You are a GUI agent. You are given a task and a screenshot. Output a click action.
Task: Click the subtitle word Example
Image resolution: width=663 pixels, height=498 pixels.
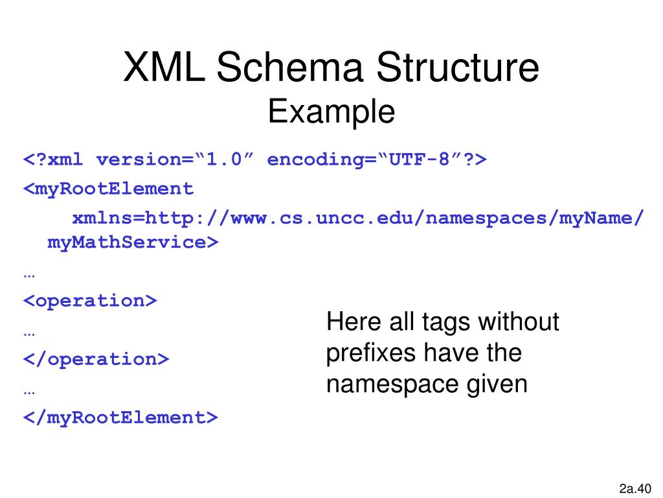331,112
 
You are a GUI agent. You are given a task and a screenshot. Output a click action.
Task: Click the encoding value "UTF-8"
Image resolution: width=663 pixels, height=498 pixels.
418,160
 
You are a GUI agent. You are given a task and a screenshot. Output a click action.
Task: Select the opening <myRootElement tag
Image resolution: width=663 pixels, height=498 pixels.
109,189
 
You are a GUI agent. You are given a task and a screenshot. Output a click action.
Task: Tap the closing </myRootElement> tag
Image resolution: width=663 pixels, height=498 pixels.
121,418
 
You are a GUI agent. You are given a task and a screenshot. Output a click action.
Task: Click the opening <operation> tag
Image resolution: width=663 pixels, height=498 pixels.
91,301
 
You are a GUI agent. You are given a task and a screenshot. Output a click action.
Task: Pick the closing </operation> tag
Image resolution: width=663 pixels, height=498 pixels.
96,359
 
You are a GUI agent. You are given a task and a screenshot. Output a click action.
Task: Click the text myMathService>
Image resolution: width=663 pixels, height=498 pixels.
133,243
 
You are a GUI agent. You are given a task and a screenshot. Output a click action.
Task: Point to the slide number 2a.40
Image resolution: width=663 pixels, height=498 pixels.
635,488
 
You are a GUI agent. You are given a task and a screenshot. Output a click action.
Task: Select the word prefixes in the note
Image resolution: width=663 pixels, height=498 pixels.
371,353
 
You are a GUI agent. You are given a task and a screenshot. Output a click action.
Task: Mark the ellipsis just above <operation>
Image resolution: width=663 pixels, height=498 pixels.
29,273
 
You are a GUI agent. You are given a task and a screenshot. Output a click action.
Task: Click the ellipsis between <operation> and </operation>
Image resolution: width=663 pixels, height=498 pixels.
29,331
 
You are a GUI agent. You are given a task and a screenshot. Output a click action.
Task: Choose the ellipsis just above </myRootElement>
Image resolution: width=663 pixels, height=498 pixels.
29,390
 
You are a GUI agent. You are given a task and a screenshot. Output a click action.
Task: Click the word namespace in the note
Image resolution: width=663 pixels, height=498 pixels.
392,385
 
